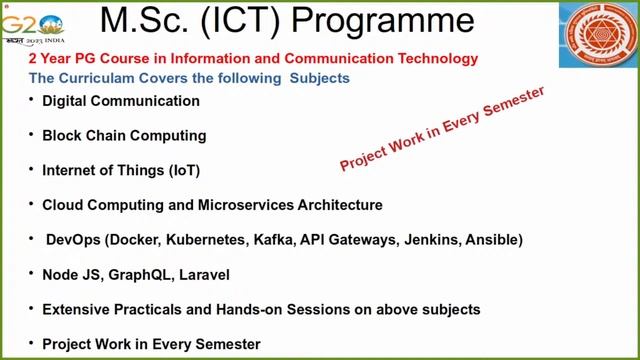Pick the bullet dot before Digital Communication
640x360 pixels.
pos(31,100)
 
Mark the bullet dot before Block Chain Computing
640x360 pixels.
pos(31,134)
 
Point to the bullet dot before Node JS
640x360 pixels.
pos(31,273)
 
